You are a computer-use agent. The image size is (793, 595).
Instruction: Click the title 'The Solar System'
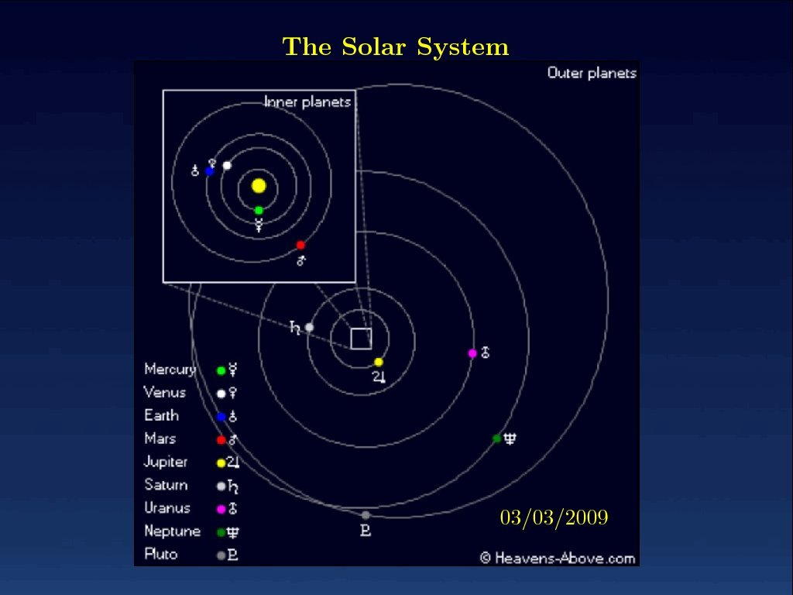[x=396, y=47]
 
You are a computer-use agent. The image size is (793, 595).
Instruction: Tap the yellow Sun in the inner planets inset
[x=259, y=186]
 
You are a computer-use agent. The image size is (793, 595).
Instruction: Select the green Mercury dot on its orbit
[x=259, y=210]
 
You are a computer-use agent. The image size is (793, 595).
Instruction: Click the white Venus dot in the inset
[x=227, y=166]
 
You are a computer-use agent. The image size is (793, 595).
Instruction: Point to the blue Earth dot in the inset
[x=209, y=171]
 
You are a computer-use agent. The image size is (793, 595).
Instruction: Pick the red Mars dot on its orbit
[x=300, y=245]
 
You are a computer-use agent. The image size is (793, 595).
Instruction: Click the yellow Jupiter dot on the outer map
[x=378, y=362]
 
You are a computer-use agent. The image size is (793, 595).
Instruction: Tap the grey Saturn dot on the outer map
[x=309, y=328]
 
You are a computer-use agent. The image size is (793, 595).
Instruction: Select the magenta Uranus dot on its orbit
[x=472, y=353]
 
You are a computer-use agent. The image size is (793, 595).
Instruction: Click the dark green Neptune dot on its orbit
[x=496, y=439]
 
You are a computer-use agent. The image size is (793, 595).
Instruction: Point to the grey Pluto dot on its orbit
[x=366, y=515]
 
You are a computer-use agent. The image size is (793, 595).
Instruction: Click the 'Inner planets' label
[x=307, y=102]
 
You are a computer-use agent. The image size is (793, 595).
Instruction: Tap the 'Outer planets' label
[x=592, y=74]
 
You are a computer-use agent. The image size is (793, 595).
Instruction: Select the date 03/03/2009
[x=554, y=517]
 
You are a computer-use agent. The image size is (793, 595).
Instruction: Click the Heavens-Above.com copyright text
[x=558, y=558]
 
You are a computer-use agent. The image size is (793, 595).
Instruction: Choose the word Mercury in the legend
[x=170, y=370]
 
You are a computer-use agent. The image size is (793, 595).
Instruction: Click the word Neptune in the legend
[x=173, y=531]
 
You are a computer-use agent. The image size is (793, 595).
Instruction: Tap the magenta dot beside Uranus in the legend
[x=221, y=509]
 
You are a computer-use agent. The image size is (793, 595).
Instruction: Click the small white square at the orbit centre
[x=361, y=339]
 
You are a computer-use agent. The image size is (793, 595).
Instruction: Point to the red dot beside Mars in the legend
[x=221, y=440]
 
